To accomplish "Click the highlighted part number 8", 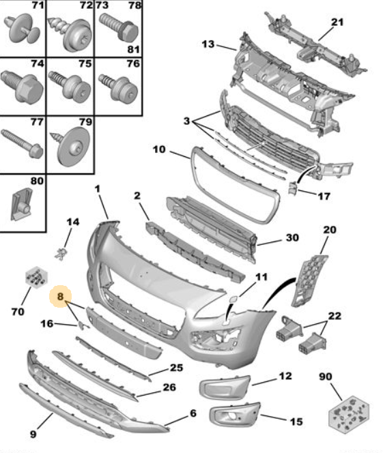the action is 60,296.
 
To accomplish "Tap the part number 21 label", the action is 337,23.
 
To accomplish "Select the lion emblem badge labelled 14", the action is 61,254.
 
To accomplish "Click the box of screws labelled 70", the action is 36,277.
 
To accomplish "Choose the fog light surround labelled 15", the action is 235,413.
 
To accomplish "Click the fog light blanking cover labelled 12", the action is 225,388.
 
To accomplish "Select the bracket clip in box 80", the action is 22,205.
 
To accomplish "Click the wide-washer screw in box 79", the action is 72,146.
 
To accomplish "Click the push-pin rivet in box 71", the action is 23,28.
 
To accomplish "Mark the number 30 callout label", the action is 292,237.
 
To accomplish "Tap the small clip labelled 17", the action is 292,188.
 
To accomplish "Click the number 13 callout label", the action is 208,44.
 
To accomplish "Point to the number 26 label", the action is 169,387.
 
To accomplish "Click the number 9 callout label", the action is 33,434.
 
